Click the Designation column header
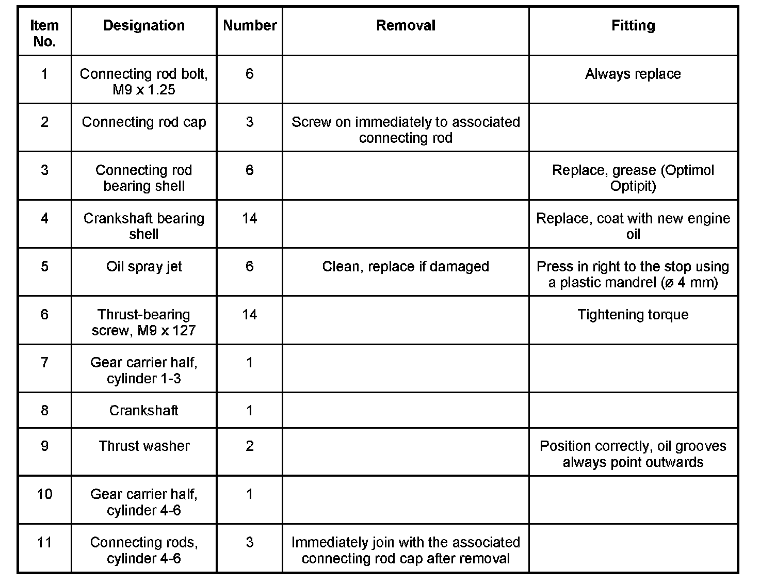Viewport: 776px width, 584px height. (x=144, y=26)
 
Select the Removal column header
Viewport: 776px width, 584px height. (x=406, y=26)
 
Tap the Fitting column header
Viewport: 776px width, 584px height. (x=633, y=26)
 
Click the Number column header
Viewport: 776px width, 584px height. (x=250, y=26)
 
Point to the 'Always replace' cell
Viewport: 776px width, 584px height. (x=633, y=74)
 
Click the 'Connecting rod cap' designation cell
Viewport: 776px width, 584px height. (x=144, y=122)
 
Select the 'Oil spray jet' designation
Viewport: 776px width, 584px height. (x=144, y=267)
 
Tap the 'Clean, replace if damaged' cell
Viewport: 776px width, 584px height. (x=406, y=267)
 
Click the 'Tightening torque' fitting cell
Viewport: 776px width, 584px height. (x=633, y=315)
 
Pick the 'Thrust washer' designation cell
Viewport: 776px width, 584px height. (x=144, y=446)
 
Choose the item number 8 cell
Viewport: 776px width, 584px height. (x=44, y=411)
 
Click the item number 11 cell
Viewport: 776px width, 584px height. (x=44, y=543)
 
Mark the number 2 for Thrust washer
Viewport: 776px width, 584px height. (x=250, y=446)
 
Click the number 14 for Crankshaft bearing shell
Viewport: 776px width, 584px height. (x=250, y=219)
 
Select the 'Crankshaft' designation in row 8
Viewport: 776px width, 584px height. (x=144, y=411)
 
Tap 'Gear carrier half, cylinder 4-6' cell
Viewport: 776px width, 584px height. (x=144, y=502)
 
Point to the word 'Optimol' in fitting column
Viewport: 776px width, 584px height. (x=689, y=170)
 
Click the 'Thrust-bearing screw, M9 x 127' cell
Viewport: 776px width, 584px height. (x=144, y=322)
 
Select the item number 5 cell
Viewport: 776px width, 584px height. (x=44, y=267)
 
